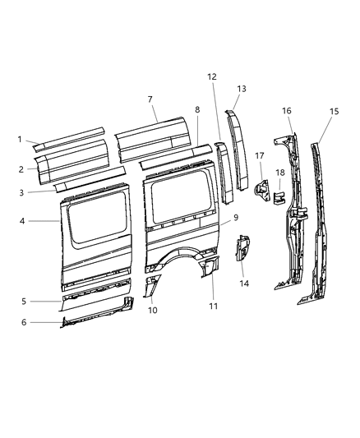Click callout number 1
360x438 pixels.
[x=20, y=138]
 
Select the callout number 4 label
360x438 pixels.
[x=21, y=220]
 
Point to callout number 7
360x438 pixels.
[x=150, y=99]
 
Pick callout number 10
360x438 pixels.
[x=151, y=310]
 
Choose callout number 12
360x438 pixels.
[x=212, y=76]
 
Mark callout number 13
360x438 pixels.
[x=242, y=88]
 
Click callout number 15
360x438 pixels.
[x=334, y=111]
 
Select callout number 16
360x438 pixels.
[x=286, y=111]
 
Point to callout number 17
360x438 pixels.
[x=258, y=155]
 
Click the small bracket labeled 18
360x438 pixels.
[x=279, y=197]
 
